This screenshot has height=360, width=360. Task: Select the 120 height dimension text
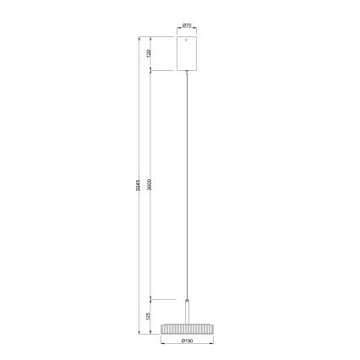(x=148, y=54)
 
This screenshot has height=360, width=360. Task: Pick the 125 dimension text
(x=148, y=315)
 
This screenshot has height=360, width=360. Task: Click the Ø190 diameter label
(x=187, y=341)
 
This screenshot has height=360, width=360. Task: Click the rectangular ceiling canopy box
(x=187, y=54)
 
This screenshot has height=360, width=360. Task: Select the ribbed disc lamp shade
(x=187, y=328)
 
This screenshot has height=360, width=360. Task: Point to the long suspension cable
(x=187, y=186)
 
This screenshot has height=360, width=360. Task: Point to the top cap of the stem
(x=187, y=299)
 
